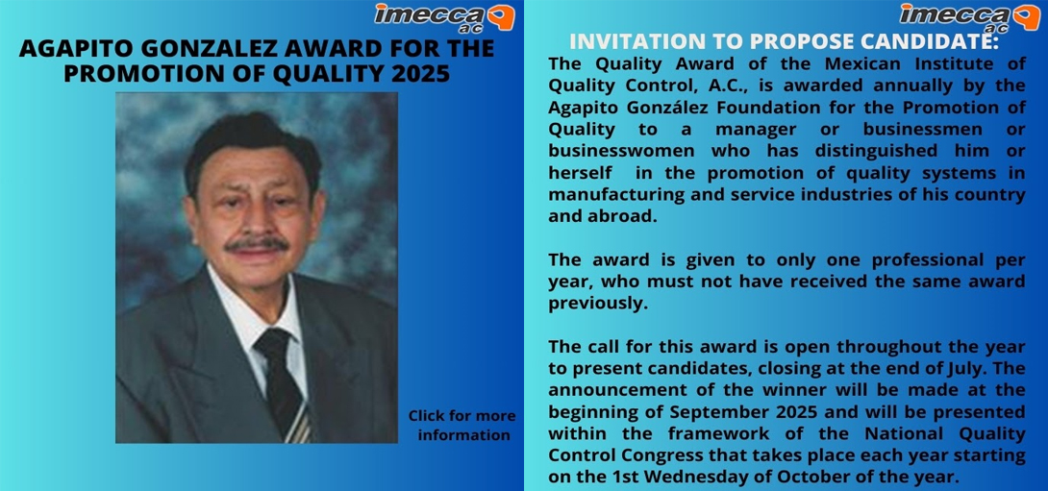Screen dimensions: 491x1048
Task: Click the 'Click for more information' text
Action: point(462,425)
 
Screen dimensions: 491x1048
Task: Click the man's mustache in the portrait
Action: point(256,245)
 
